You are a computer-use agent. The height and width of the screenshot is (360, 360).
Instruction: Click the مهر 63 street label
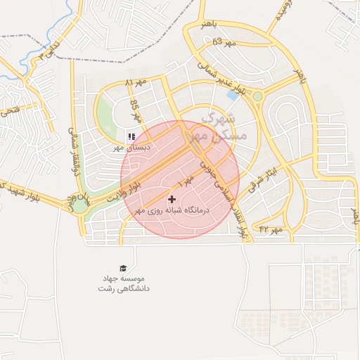[222, 41]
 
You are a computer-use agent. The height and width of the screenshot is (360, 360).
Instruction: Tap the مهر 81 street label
[136, 83]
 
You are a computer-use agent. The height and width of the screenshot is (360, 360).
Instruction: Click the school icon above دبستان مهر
[130, 136]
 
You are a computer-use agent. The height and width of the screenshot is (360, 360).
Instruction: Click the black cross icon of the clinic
[172, 200]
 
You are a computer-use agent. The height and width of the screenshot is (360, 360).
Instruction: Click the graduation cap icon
[124, 268]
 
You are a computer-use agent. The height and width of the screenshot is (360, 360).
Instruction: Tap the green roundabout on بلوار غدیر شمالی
[257, 96]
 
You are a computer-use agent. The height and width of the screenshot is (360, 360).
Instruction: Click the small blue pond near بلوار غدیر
[232, 95]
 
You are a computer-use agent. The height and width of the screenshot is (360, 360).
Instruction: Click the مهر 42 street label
[271, 229]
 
